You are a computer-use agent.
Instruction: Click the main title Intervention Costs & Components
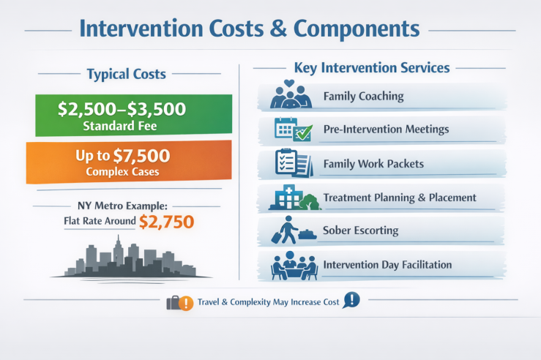pos(249,29)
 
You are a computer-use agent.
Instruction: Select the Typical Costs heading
pos(126,74)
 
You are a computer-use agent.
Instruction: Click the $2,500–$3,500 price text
pos(122,110)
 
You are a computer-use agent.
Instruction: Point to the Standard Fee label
pos(122,126)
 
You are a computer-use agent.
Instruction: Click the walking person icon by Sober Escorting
pos(287,230)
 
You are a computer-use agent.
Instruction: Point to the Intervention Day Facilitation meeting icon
pos(291,265)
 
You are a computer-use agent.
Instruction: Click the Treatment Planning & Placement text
pos(400,198)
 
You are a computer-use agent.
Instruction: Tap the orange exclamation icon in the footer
pos(186,302)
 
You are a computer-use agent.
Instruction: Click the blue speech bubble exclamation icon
pos(353,300)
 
